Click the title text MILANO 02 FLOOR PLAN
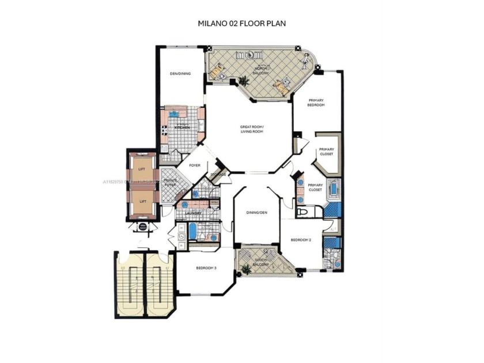(242, 24)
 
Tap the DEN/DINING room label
(180, 74)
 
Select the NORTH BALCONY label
(260, 70)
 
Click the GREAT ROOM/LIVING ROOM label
(252, 129)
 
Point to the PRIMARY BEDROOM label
(316, 103)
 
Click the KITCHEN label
(182, 127)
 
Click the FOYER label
(195, 165)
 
